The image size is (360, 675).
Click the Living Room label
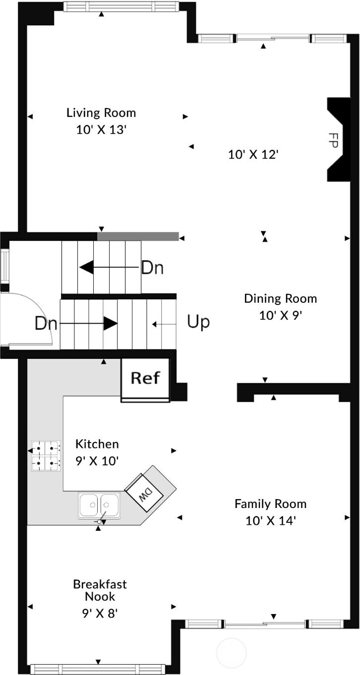101,113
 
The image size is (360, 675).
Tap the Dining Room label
280,299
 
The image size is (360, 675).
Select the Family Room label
270,504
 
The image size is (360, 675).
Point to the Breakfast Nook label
100,590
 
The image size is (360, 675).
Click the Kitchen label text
97,444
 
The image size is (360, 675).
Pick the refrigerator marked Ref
145,380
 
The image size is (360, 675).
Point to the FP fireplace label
333,140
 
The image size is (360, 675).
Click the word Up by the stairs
198,322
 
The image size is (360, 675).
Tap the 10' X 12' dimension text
253,155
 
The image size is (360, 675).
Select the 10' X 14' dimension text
270,521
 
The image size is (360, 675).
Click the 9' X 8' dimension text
100,613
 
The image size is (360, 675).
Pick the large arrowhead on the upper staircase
87,267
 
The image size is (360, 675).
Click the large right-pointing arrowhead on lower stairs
111,323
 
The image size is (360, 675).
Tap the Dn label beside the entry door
46,323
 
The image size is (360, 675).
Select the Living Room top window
121,6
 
